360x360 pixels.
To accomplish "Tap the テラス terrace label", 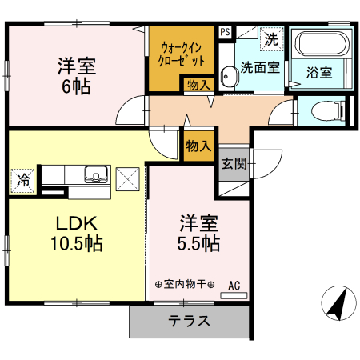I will pyautogui.click(x=189, y=322).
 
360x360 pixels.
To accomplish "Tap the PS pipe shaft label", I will pyautogui.click(x=226, y=33).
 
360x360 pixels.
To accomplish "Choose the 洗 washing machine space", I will pyautogui.click(x=271, y=38).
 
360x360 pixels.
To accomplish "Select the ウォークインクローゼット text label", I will pyautogui.click(x=182, y=54).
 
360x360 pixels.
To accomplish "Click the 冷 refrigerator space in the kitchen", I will pyautogui.click(x=23, y=180).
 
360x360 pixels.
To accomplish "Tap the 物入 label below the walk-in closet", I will pyautogui.click(x=198, y=84).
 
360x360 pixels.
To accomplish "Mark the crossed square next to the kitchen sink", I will pyautogui.click(x=128, y=178).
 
